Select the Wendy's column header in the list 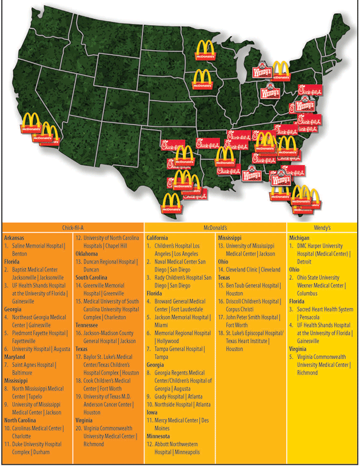(x=322, y=226)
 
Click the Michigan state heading (x=300, y=237)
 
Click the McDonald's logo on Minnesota (x=205, y=50)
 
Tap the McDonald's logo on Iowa (x=203, y=79)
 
